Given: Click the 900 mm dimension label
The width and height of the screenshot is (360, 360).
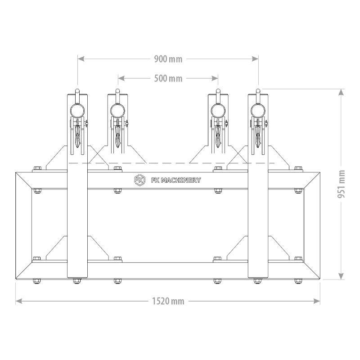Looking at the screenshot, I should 168,59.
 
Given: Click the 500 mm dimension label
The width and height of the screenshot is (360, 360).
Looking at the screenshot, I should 168,78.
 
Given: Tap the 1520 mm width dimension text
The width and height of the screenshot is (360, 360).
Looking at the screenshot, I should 168,301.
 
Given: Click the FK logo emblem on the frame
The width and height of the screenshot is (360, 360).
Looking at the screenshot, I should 139,180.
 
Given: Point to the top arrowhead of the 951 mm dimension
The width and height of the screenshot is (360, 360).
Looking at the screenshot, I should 342,92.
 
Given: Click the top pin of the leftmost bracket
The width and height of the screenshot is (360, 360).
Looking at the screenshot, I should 77,92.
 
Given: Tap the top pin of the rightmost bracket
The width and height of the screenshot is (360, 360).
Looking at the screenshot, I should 258,92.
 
